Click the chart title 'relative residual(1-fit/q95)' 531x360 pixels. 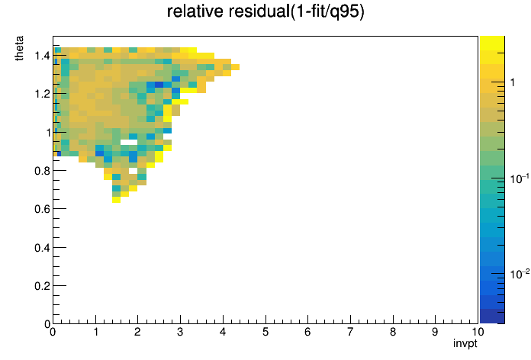click(x=265, y=12)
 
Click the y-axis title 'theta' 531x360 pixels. click(x=19, y=48)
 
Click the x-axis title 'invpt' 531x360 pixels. click(x=465, y=343)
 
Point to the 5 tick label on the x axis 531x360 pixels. click(x=265, y=332)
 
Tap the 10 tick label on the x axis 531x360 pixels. click(x=477, y=332)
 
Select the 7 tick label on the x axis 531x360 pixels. click(x=350, y=332)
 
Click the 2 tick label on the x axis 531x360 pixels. click(x=137, y=332)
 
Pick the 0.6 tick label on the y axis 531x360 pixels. click(x=42, y=209)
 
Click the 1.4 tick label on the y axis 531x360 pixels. click(x=42, y=56)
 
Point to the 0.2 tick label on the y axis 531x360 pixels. click(x=42, y=286)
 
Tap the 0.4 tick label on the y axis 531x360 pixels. click(x=42, y=248)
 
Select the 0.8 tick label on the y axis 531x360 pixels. click(x=42, y=171)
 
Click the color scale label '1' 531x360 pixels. click(x=513, y=82)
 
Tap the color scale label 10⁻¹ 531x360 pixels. click(x=520, y=178)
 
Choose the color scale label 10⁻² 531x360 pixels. click(x=520, y=274)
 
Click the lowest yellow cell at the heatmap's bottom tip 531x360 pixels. click(x=116, y=200)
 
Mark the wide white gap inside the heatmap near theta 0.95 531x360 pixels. click(x=129, y=142)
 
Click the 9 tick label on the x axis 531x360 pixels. click(x=435, y=332)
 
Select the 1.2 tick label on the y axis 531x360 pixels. click(x=42, y=94)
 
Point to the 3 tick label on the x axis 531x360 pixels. click(x=180, y=332)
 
